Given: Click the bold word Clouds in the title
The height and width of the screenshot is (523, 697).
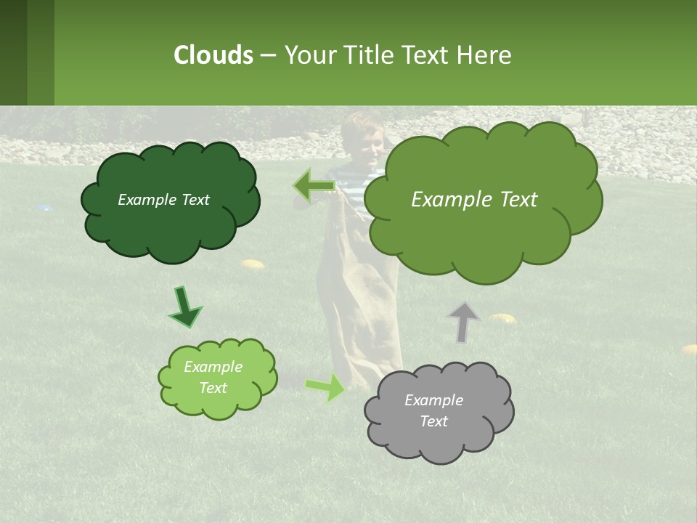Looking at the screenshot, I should [213, 55].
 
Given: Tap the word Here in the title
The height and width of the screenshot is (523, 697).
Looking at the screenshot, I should [484, 55].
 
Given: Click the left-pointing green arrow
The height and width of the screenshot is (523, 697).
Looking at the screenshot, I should [313, 186].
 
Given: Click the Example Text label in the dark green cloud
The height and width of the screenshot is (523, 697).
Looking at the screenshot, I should [163, 200].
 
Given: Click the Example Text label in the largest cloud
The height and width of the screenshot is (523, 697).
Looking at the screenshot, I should [474, 200].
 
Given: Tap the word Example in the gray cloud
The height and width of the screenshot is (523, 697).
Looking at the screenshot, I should [433, 400].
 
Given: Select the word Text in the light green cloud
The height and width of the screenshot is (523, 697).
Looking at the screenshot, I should [213, 388].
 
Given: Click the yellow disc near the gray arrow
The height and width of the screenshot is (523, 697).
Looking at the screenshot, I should [502, 317].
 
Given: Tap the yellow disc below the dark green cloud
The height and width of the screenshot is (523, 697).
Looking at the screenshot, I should [252, 264].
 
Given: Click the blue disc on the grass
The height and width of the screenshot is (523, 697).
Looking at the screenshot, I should [44, 208].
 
